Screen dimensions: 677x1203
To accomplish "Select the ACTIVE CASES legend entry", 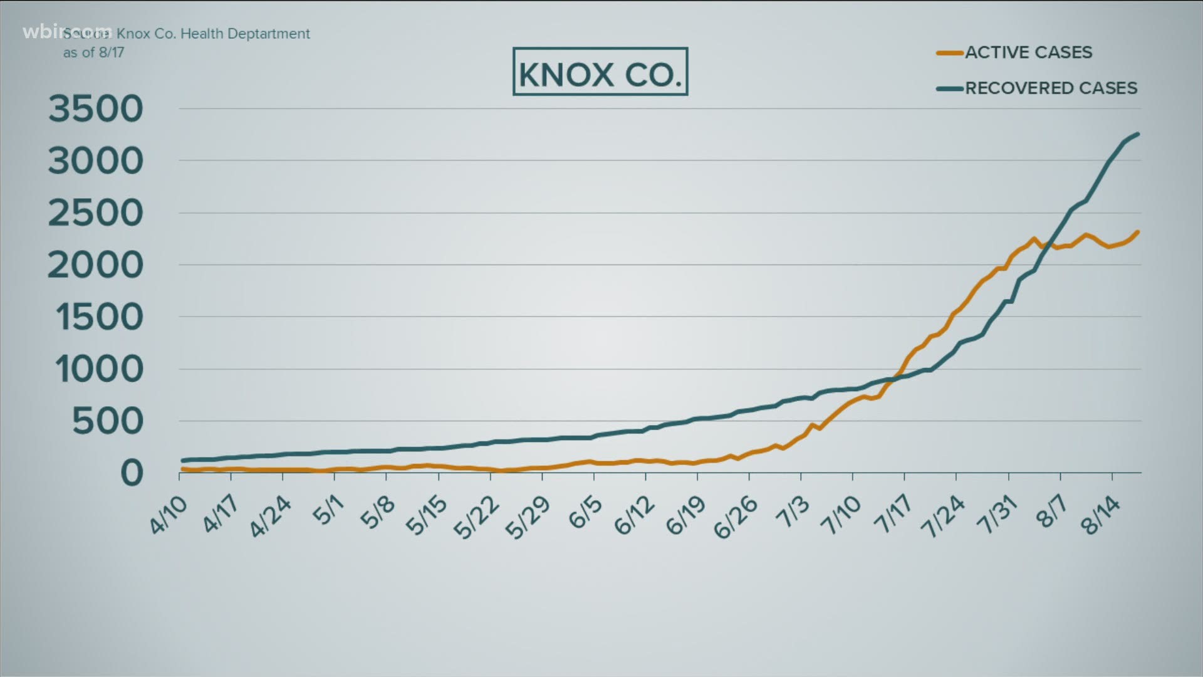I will click(x=1028, y=53).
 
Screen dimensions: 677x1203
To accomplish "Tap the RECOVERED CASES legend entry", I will click(x=1050, y=88).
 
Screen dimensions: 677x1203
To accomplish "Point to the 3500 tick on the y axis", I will click(x=96, y=109).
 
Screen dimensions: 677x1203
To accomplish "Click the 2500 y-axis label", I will click(x=96, y=214).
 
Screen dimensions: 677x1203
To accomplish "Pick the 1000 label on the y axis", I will click(x=99, y=369).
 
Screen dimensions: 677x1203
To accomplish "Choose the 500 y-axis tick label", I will click(x=107, y=421).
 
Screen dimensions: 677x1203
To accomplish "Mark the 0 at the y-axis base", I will click(x=132, y=473).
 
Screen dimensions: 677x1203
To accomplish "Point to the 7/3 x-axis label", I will click(x=793, y=512).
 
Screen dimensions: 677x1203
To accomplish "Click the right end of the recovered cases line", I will click(x=1137, y=134).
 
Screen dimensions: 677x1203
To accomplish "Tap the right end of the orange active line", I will click(x=1137, y=232).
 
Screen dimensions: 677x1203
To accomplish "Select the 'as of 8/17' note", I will click(x=93, y=53).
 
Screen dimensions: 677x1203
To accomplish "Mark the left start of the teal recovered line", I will click(x=182, y=461).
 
